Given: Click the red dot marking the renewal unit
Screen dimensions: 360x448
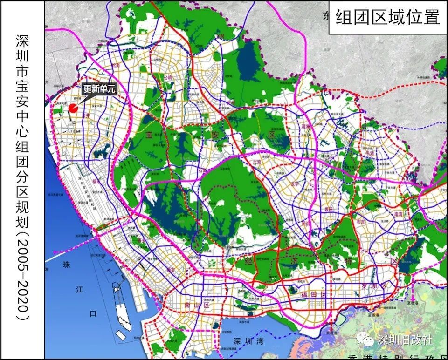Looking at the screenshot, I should [x=73, y=108].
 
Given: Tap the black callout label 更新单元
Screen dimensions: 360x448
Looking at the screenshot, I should [x=98, y=88].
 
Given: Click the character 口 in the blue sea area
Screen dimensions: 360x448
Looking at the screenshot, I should [x=92, y=314].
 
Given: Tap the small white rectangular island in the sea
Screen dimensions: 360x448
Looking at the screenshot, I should [x=121, y=334].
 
